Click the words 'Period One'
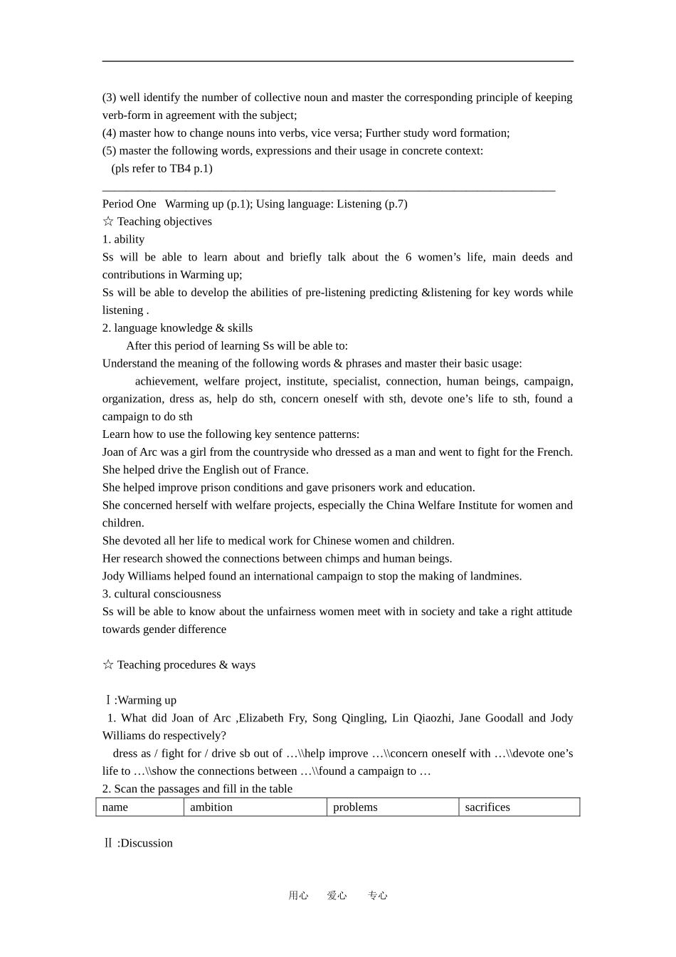pos(129,204)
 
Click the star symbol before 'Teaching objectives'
pos(108,221)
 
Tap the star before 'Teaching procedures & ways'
pos(108,665)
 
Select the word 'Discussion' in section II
pos(147,843)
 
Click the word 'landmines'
pos(498,576)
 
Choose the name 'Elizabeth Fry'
pos(272,718)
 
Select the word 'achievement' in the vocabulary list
pos(165,382)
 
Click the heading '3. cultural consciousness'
pos(162,594)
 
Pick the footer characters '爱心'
pos(337,896)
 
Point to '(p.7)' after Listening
pos(396,204)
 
